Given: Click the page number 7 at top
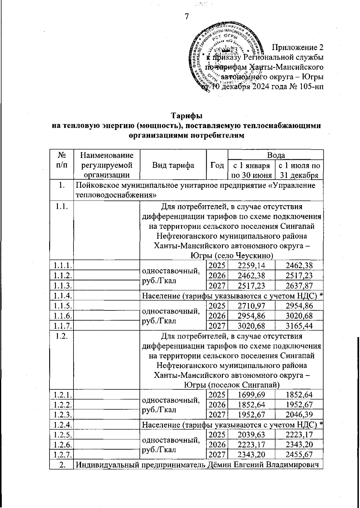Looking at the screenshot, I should pyautogui.click(x=186, y=17).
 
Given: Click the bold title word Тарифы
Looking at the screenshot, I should pyautogui.click(x=186, y=116).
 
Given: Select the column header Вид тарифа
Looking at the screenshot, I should pyautogui.click(x=173, y=165).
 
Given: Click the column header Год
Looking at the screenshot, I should pyautogui.click(x=217, y=165).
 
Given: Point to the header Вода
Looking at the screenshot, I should pyautogui.click(x=276, y=155).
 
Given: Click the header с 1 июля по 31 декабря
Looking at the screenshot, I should pyautogui.click(x=299, y=170).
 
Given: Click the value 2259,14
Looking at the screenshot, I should pyautogui.click(x=251, y=265).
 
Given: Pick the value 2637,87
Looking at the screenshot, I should pyautogui.click(x=299, y=285).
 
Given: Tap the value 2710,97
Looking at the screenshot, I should pyautogui.click(x=251, y=306).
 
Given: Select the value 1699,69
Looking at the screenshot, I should pyautogui.click(x=251, y=395).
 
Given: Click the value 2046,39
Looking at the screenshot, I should pyautogui.click(x=299, y=414).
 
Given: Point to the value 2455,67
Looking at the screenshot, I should pyautogui.click(x=299, y=454).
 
